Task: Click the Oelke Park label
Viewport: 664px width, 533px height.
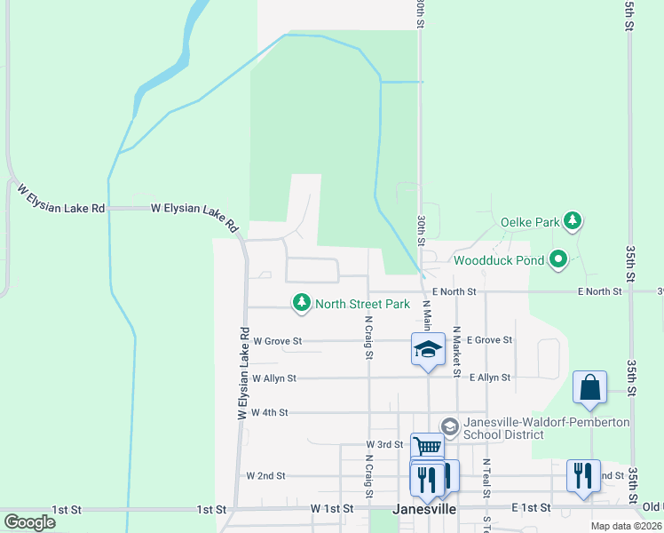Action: point(530,221)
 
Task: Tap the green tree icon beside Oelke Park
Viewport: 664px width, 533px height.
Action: point(573,220)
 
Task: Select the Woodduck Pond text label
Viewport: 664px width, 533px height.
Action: point(497,261)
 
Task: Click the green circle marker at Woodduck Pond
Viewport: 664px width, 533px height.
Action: point(558,260)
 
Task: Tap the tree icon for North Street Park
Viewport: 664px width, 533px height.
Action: point(303,304)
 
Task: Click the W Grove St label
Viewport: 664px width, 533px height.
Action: point(277,340)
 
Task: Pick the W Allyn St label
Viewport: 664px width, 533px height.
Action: point(273,378)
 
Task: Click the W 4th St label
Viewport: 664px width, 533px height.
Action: point(271,413)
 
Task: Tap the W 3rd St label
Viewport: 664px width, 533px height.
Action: point(384,443)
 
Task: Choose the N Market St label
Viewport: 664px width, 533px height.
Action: point(456,351)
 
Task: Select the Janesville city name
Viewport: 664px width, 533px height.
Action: point(424,510)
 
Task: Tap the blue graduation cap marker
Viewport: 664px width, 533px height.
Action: point(428,347)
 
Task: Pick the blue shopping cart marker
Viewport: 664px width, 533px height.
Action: point(427,447)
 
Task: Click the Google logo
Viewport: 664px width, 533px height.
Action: point(29,522)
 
